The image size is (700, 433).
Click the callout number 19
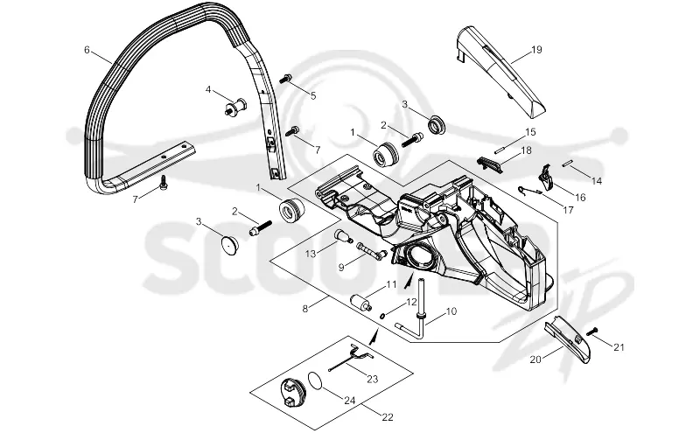tap(536, 50)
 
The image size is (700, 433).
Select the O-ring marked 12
tap(382, 316)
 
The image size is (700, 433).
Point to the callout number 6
tap(87, 50)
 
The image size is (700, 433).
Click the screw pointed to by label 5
tap(285, 79)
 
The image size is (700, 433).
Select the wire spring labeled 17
tap(529, 191)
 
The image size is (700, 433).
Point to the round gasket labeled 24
tap(316, 382)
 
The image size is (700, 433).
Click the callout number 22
tap(388, 417)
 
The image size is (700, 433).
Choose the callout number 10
tap(451, 311)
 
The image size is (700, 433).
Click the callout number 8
tap(305, 308)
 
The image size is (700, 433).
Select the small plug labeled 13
tap(342, 234)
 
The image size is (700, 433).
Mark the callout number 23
tap(373, 379)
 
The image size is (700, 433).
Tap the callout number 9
tap(341, 268)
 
